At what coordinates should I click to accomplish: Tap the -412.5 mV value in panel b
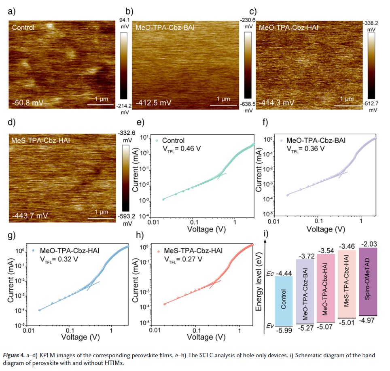point(153,102)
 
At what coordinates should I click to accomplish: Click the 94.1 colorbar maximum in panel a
point(125,19)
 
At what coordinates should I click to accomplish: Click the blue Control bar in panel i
point(284,299)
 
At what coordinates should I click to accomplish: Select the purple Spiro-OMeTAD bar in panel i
point(369,281)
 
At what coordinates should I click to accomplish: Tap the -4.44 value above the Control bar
point(284,272)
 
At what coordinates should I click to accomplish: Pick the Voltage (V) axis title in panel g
point(81,337)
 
